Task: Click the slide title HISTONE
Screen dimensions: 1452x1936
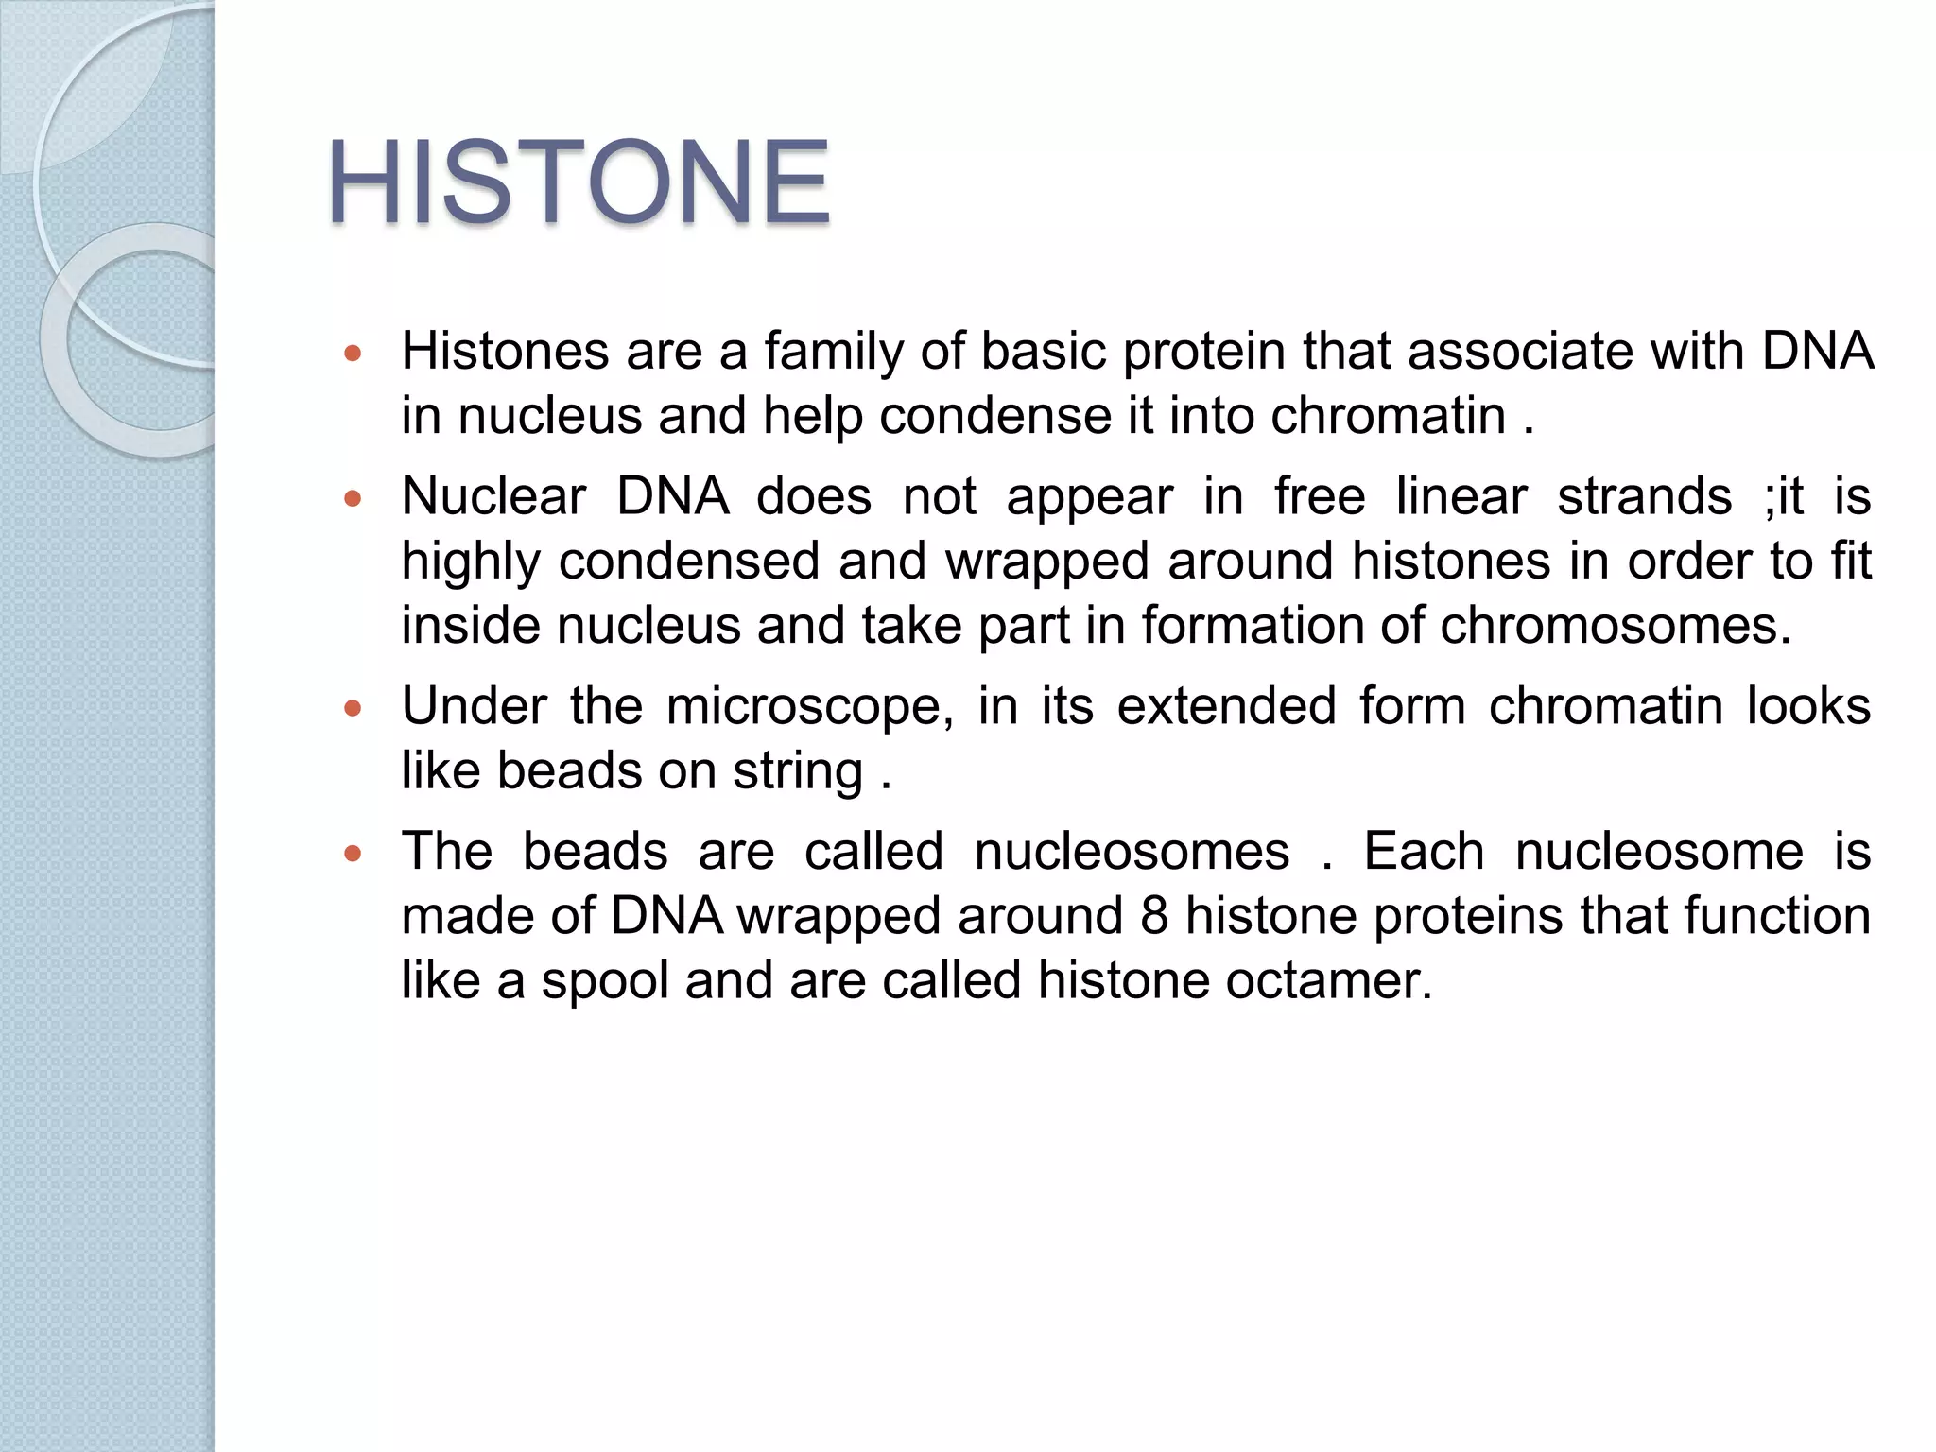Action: [578, 181]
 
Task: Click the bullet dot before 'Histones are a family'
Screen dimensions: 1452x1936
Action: [354, 355]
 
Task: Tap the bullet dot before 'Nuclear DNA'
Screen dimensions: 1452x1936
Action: [354, 500]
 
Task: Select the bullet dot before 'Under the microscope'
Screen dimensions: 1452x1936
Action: [354, 709]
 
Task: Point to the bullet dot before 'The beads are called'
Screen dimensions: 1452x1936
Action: [354, 855]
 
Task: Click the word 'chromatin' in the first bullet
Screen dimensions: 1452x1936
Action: [1388, 416]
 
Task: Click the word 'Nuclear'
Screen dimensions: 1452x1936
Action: [493, 496]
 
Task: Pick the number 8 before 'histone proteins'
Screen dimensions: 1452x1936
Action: [1153, 916]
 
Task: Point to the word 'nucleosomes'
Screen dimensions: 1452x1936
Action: [1132, 852]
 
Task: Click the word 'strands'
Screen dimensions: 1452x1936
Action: [1644, 496]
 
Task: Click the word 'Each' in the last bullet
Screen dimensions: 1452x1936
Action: [1424, 852]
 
